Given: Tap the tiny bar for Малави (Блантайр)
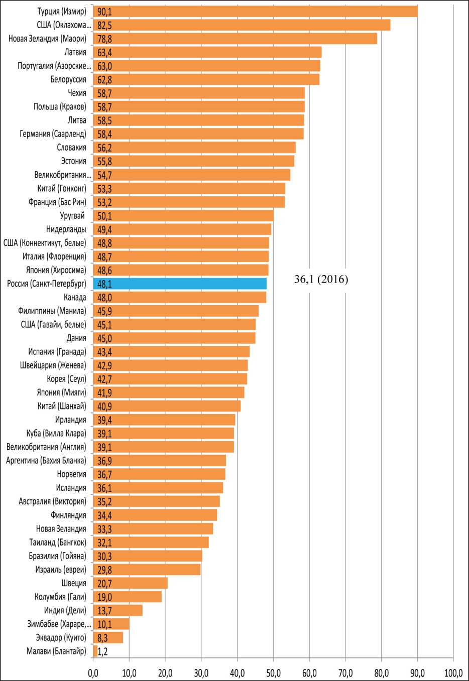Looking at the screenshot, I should pyautogui.click(x=95, y=651).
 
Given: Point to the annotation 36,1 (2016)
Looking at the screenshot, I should pyautogui.click(x=321, y=280).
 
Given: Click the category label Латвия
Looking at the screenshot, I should pyautogui.click(x=75, y=52).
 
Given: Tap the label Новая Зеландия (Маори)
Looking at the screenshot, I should pyautogui.click(x=47, y=39).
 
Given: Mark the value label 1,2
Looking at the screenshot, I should pyautogui.click(x=103, y=651).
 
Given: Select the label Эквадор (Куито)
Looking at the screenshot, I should pyautogui.click(x=61, y=637).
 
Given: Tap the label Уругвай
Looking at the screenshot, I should pyautogui.click(x=72, y=216).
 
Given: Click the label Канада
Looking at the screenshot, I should pyautogui.click(x=75, y=297).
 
